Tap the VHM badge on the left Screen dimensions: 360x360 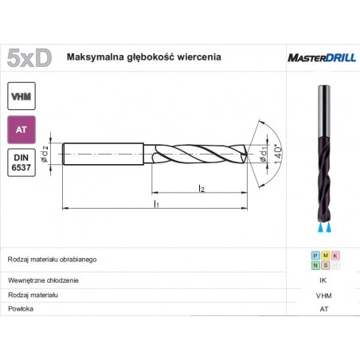click(x=22, y=96)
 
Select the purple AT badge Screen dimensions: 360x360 click(x=22, y=128)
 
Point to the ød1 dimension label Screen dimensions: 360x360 click(x=264, y=151)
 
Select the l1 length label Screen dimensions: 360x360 click(x=158, y=204)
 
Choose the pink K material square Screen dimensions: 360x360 click(x=335, y=255)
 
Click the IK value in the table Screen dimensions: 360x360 click(x=323, y=280)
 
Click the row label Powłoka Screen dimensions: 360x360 click(x=20, y=308)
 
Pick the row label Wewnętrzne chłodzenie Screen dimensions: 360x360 click(x=42, y=280)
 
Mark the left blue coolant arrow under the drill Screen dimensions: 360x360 click(x=319, y=228)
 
